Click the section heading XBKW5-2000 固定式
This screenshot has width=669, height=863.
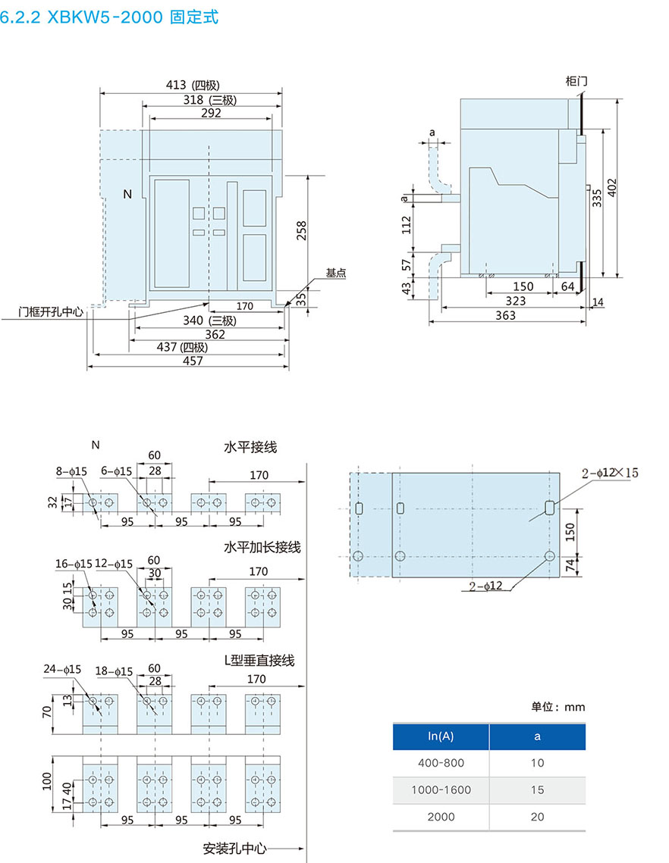[x=111, y=17]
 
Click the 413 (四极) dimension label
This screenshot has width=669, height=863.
[x=193, y=86]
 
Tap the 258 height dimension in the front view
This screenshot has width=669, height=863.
[x=301, y=230]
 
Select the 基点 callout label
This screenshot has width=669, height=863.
[x=336, y=273]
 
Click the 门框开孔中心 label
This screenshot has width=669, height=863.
[x=51, y=311]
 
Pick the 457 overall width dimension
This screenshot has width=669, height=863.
[x=193, y=361]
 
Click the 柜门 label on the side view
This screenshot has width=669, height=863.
[x=576, y=80]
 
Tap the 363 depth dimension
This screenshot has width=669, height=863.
[x=505, y=315]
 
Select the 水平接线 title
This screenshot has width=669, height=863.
[x=250, y=447]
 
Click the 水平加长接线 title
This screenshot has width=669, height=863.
[x=262, y=547]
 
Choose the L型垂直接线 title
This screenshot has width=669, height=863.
[x=259, y=661]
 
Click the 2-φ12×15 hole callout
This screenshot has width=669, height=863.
[x=610, y=473]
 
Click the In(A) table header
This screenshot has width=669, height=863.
[x=441, y=736]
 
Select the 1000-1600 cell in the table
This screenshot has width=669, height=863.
[x=441, y=790]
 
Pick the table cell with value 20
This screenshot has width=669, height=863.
[x=538, y=817]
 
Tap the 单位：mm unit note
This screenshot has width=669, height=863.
[x=557, y=707]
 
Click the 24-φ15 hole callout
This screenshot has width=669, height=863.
[x=62, y=669]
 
